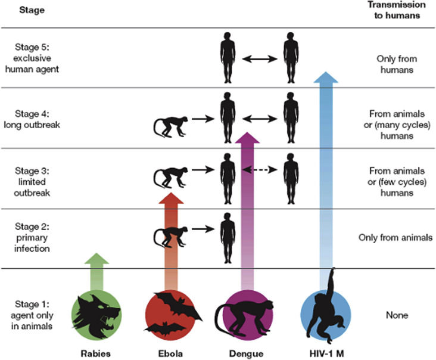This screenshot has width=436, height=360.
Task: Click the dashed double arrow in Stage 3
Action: tap(257, 169)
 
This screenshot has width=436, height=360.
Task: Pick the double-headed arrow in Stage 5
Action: tap(257, 59)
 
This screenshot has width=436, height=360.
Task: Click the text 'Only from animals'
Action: tap(395, 237)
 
